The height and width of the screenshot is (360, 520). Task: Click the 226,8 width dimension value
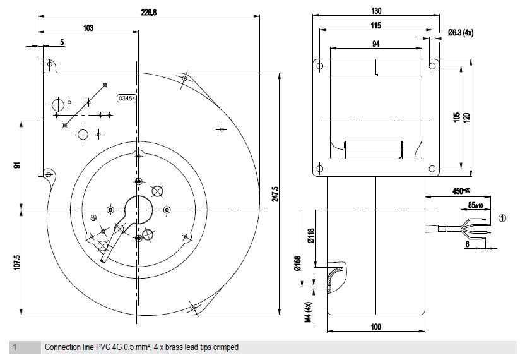coord(148,13)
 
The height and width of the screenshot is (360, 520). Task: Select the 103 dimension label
coord(88,28)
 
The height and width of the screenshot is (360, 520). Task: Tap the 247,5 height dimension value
coord(275,194)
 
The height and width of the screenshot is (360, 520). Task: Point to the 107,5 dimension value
coord(17,263)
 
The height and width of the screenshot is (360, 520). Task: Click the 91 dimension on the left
coord(17,165)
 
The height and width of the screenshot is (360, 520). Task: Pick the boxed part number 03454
coord(127,99)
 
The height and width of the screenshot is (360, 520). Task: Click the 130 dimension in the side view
coord(376,11)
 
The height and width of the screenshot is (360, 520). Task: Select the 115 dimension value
coord(375,25)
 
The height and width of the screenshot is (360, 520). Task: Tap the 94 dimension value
coord(375,44)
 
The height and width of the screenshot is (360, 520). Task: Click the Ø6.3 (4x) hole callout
coord(461,32)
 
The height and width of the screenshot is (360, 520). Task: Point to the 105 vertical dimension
coord(457,117)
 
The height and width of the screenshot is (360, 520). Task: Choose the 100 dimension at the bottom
coord(375,327)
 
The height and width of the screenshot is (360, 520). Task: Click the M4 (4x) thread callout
coord(309,312)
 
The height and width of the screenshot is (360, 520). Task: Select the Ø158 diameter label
coord(297,264)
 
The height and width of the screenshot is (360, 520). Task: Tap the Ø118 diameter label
coord(310,236)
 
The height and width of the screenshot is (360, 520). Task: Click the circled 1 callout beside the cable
coord(502,218)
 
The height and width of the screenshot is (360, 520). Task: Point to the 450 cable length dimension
coord(461,191)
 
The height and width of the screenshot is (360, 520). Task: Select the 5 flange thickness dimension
coord(62,42)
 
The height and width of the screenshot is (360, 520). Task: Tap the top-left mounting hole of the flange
coord(319,66)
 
